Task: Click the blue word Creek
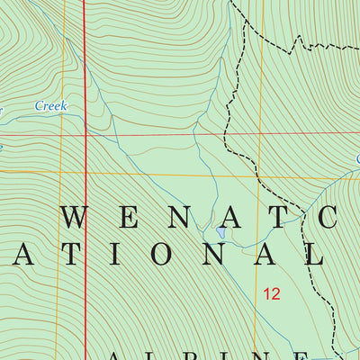51,105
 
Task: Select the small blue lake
221,233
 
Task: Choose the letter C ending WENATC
327,214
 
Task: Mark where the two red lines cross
86,135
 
